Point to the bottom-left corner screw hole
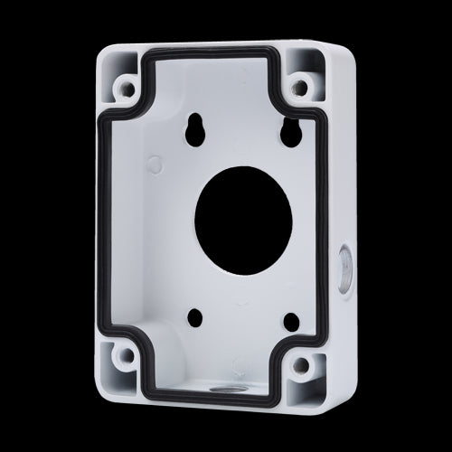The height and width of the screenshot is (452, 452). pyautogui.click(x=127, y=355)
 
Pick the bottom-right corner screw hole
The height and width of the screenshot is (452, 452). pyautogui.click(x=297, y=366)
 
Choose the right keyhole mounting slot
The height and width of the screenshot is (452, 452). pyautogui.click(x=291, y=132)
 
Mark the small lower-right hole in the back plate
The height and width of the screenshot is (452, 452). pyautogui.click(x=290, y=322)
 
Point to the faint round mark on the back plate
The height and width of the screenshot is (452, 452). pyautogui.click(x=155, y=165)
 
